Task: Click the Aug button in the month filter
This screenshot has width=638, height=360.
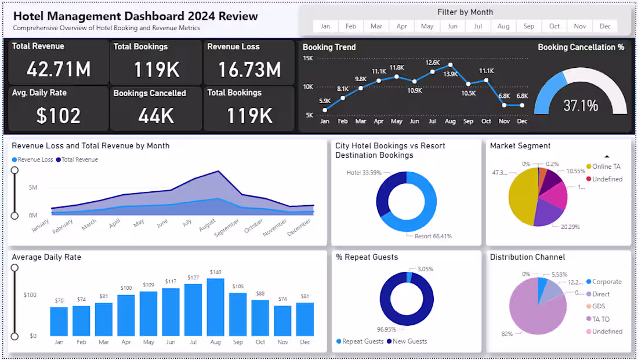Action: tap(503, 26)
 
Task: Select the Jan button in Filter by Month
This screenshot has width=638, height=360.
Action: tap(325, 26)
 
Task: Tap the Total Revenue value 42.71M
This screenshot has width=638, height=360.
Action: tap(59, 69)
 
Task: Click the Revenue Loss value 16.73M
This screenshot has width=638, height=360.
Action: tap(249, 69)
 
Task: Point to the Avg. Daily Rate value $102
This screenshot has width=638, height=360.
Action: tap(59, 115)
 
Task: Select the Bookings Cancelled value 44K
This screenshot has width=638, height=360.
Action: tap(156, 115)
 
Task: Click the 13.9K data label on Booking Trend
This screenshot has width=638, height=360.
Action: tap(451, 74)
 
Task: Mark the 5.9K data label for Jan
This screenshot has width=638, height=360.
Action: tap(325, 101)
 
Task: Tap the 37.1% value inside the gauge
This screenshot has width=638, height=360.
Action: tap(581, 106)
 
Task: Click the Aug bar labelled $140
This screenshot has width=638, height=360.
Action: tap(216, 307)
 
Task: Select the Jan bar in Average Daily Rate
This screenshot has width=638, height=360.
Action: tap(59, 322)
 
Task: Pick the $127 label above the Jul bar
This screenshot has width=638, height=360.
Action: tap(193, 278)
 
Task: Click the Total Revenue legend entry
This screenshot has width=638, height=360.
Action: tap(80, 159)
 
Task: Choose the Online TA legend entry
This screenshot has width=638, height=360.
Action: tap(606, 166)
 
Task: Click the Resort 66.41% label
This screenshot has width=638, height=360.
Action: tap(433, 237)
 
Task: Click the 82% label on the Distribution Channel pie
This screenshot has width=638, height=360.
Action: tap(506, 334)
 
